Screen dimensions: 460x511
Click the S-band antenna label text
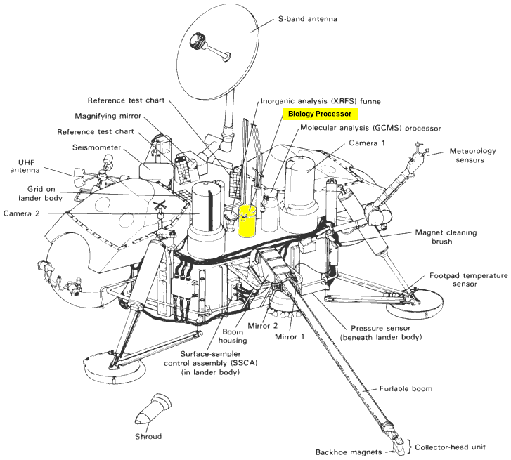(308, 19)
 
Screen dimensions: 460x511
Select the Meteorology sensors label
(472, 155)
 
